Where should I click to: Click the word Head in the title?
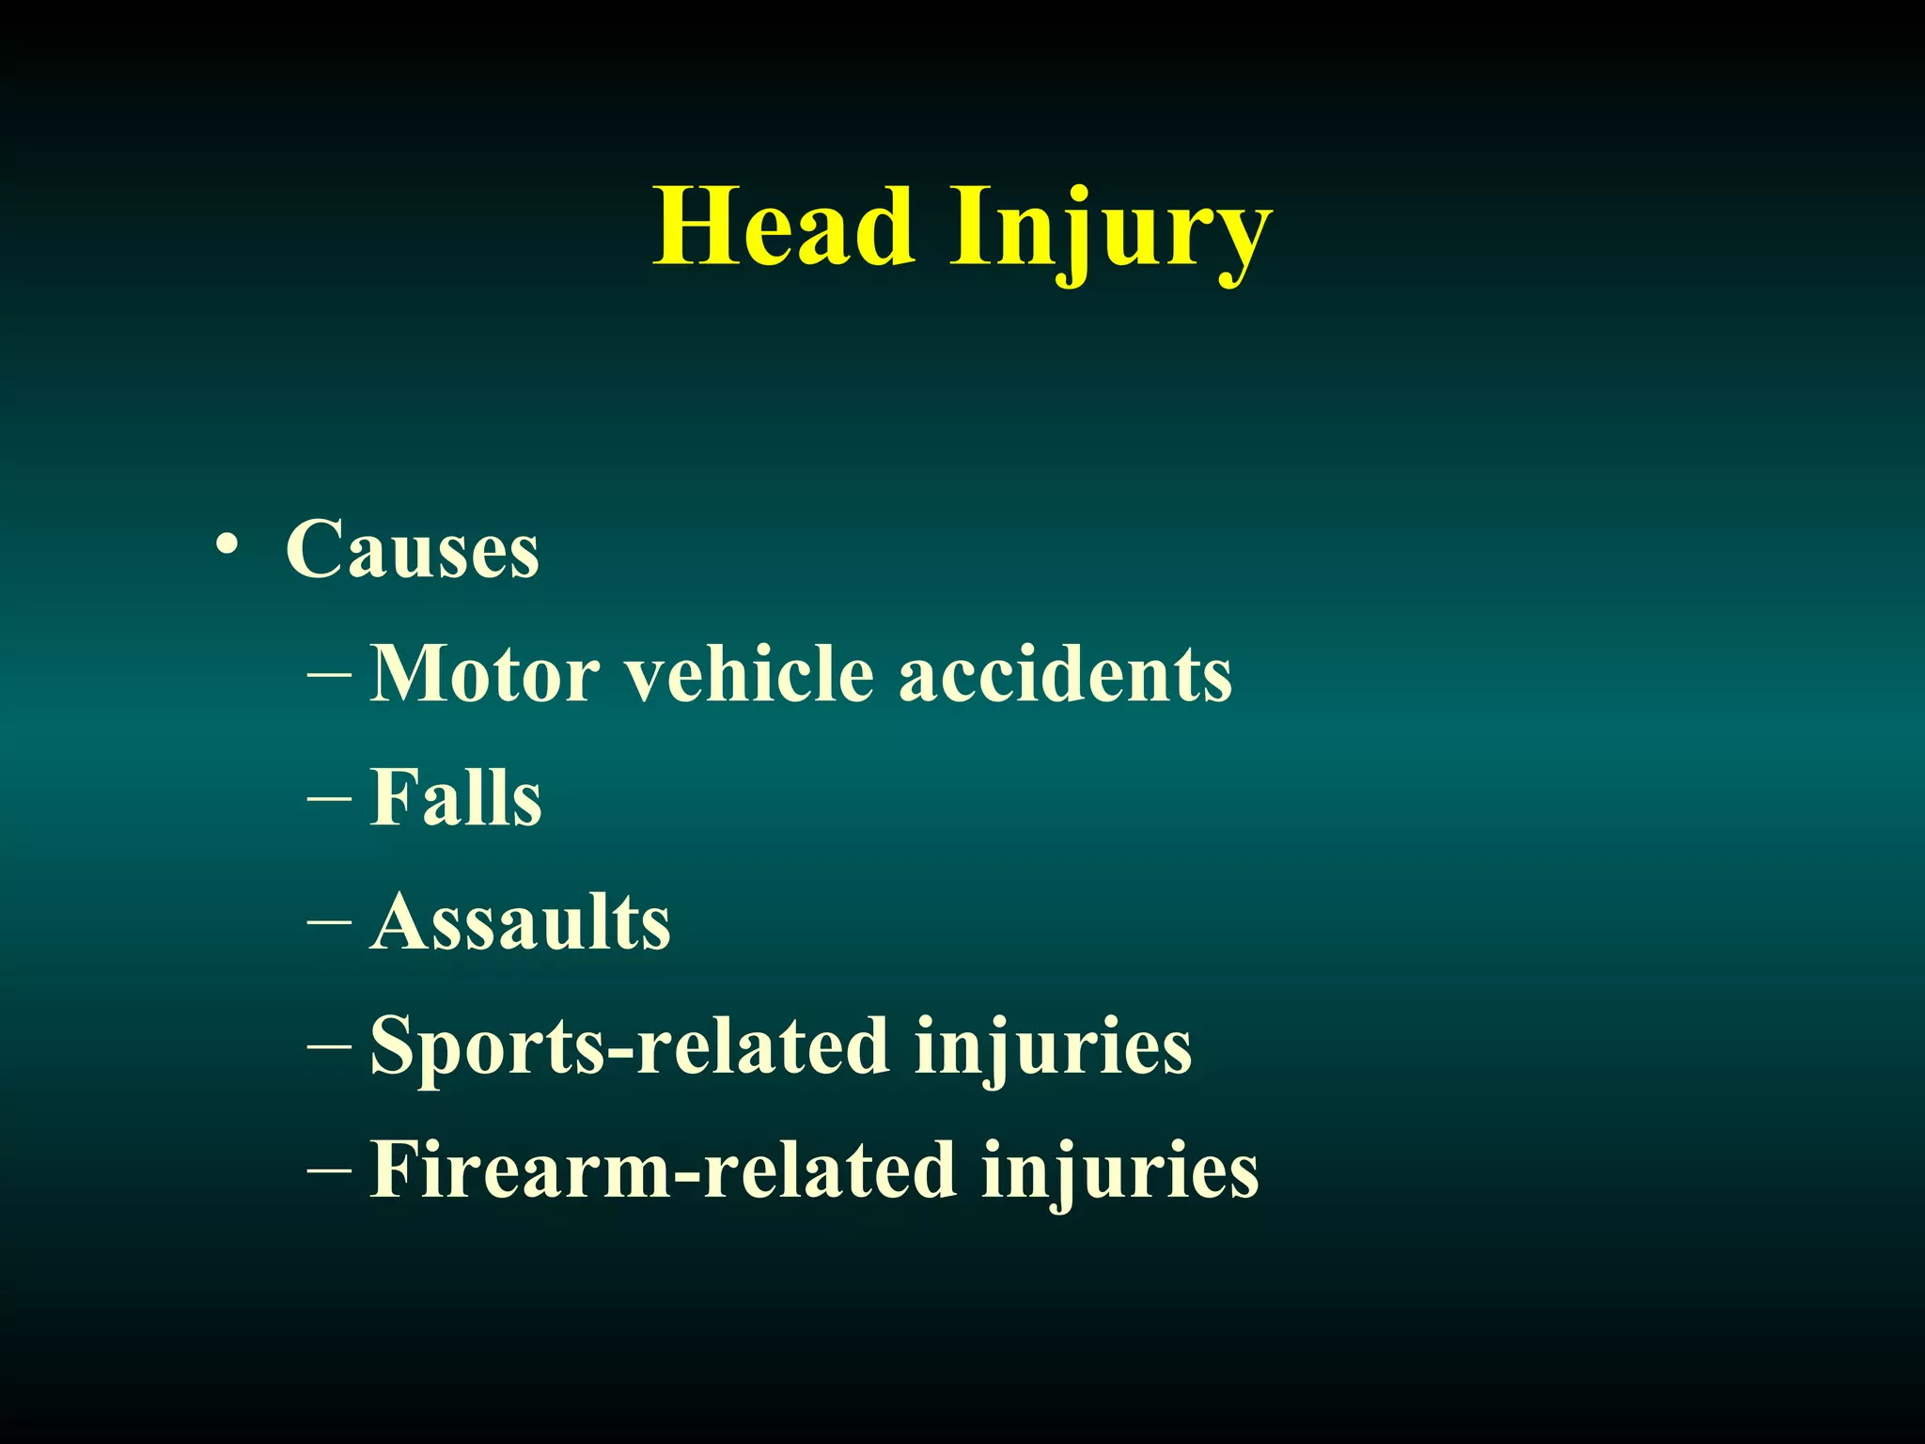[784, 228]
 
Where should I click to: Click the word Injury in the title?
[1111, 231]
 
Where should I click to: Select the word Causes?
[413, 549]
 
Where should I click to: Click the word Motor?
[485, 673]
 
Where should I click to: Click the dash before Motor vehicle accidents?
[329, 674]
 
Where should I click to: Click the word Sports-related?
[630, 1045]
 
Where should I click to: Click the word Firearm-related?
[663, 1169]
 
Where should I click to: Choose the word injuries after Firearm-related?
[1119, 1169]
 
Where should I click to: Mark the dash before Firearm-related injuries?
[329, 1171]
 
